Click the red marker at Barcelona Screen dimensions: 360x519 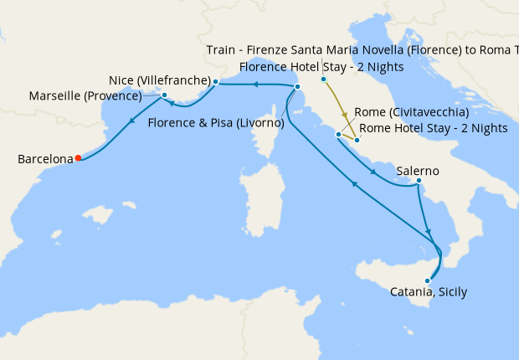point(78,157)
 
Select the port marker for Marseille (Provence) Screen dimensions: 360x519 point(164,95)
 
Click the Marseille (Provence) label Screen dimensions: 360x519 point(85,95)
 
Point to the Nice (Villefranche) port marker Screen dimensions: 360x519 point(216,82)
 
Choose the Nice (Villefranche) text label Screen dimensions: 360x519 point(159,80)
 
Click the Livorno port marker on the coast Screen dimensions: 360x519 point(297,87)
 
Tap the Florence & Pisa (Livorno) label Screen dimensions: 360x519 point(216,123)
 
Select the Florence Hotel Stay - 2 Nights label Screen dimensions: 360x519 point(321,66)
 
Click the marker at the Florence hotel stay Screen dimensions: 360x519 point(323,80)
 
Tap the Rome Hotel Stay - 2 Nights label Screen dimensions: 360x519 point(434,128)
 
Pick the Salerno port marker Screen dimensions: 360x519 point(418,182)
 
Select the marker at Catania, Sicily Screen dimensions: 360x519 point(428,281)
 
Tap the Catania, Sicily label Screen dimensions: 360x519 point(429,292)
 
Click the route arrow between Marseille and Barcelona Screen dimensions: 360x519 point(131,126)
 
